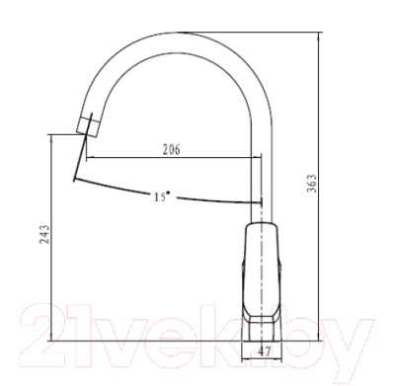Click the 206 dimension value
tap(172, 149)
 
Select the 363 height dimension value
tap(312, 183)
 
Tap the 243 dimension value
tap(44, 234)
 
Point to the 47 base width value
tap(264, 351)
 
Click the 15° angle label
tap(162, 196)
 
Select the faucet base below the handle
tap(262, 330)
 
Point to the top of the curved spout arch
tap(180, 33)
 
